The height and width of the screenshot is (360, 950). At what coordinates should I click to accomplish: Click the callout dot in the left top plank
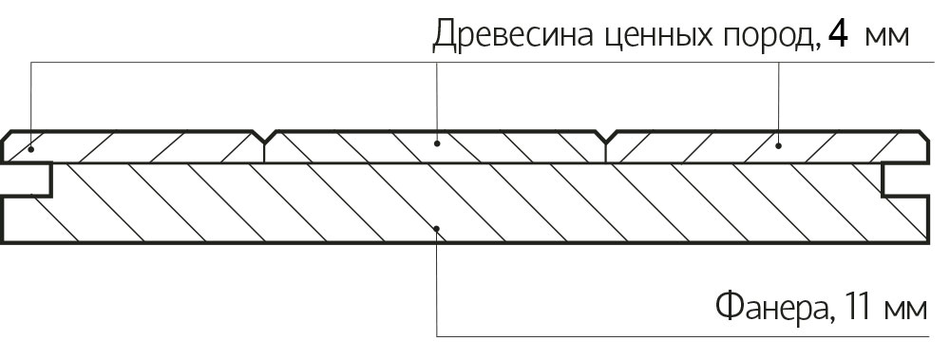point(30,147)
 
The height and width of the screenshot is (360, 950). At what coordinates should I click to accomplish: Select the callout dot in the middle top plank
point(437,144)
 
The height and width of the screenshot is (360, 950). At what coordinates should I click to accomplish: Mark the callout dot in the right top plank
point(779,145)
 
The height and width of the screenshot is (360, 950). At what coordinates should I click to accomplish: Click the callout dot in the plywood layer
point(437,229)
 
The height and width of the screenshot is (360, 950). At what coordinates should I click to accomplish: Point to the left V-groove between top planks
point(265,137)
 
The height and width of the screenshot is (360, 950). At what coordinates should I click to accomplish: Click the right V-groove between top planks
point(606,137)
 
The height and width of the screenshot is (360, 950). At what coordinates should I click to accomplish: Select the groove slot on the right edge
point(904,180)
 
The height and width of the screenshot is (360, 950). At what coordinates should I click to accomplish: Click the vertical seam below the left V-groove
point(265,153)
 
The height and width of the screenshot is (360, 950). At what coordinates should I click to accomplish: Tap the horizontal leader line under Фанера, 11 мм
point(682,336)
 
